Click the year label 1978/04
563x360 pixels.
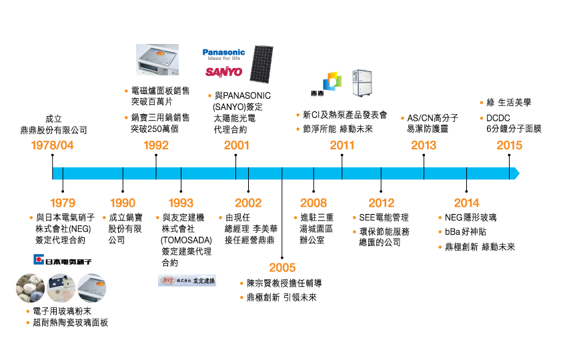coord(52,145)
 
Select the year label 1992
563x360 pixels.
coord(156,145)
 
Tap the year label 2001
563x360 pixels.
coord(237,145)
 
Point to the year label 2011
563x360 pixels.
coord(342,145)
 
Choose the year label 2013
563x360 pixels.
coord(424,145)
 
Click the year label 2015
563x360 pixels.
coord(510,145)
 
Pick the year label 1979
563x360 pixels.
coord(63,203)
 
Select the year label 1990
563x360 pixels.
coord(123,203)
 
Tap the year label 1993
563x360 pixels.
coord(181,203)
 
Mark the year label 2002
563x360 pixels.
coord(248,203)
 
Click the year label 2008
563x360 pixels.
coord(314,203)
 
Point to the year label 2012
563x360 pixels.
coord(382,203)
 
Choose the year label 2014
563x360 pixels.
coord(466,203)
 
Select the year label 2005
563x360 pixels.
coord(282,267)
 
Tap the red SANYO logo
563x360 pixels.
coord(223,71)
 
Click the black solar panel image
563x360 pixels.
coord(261,64)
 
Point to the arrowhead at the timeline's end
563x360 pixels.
coord(516,173)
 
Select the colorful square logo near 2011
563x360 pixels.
coord(332,81)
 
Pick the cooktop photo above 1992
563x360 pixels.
coord(157,59)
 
